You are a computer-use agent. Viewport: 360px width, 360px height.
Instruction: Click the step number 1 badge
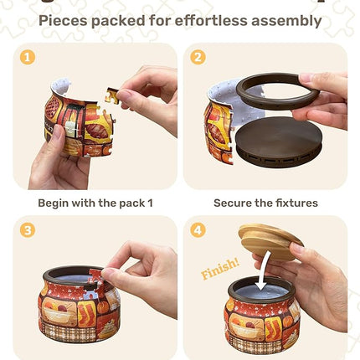point(28,58)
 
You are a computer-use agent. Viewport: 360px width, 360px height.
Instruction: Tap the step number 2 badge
point(198,58)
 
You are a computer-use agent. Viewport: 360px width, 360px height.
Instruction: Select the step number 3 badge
point(28,229)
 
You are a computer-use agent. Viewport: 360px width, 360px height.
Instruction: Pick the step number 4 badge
point(198,229)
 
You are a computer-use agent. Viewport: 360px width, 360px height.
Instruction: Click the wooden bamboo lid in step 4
point(270,241)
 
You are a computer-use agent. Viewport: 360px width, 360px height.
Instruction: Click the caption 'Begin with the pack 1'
point(95,203)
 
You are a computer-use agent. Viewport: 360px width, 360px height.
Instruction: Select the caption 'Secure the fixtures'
point(265,203)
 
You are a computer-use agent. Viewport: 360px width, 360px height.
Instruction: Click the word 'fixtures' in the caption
point(293,203)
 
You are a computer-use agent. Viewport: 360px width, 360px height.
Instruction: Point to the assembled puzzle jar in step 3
point(77,305)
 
